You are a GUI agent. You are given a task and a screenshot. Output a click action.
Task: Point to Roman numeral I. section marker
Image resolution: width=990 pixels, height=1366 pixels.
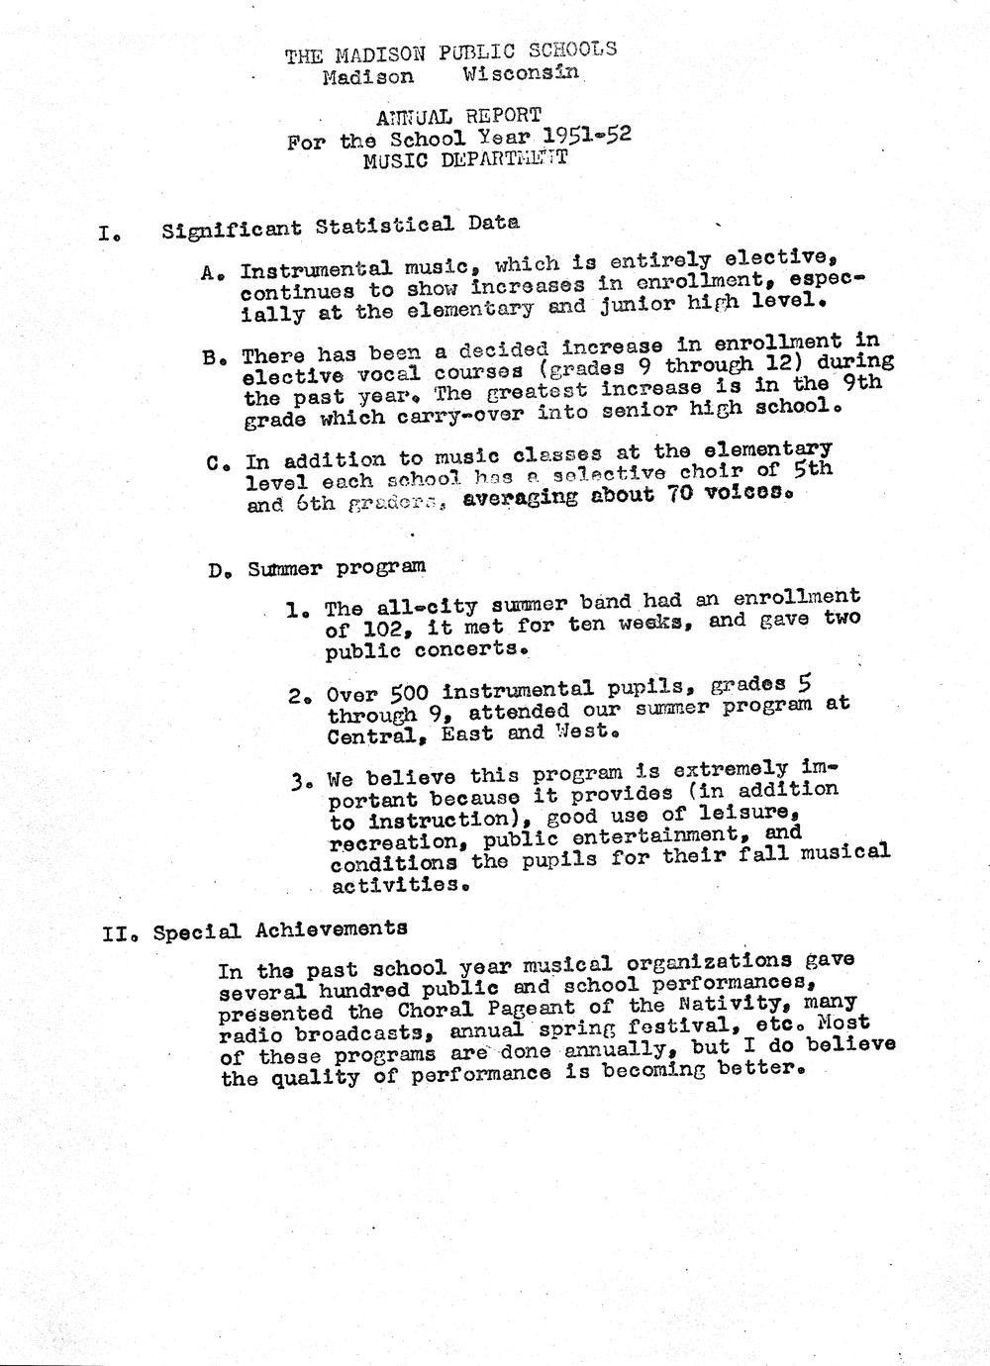point(110,234)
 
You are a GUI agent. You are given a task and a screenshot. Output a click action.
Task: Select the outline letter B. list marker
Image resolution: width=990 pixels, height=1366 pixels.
point(216,357)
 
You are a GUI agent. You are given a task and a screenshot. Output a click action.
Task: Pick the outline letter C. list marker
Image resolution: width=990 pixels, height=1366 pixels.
point(220,464)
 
